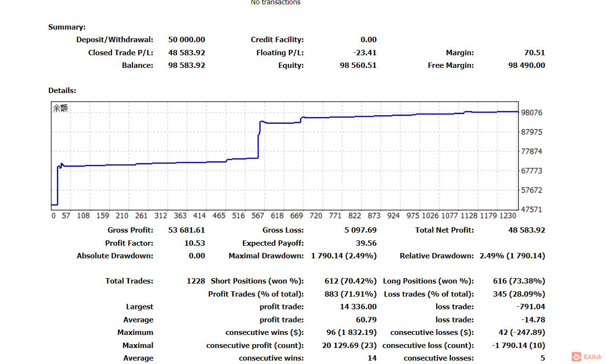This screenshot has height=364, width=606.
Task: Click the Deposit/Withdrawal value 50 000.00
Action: pos(187,40)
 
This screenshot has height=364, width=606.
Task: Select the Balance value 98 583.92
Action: pos(187,65)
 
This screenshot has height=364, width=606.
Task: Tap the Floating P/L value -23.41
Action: pos(365,53)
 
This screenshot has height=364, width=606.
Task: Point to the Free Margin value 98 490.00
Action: pos(526,65)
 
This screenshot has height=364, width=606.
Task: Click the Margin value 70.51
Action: pos(534,53)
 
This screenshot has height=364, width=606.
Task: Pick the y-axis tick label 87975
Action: pos(532,132)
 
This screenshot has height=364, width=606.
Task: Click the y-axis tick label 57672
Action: pos(532,190)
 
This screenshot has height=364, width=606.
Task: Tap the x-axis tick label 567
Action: pos(257,216)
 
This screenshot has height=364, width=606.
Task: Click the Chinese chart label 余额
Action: pos(61,109)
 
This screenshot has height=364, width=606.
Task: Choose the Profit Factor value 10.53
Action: pos(194,243)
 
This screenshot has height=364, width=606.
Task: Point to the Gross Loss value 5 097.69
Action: pos(360,230)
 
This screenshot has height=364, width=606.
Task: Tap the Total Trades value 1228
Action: pos(196,281)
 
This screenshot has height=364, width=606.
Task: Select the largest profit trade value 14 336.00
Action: pos(358,307)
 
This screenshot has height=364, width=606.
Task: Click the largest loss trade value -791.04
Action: pos(531,307)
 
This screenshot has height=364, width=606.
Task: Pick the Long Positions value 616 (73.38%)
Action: pos(512,281)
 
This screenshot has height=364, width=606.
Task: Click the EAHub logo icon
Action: pos(576,357)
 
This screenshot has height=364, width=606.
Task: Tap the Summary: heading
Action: pos(67,27)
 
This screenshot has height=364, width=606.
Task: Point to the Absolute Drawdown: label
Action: pos(115,256)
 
